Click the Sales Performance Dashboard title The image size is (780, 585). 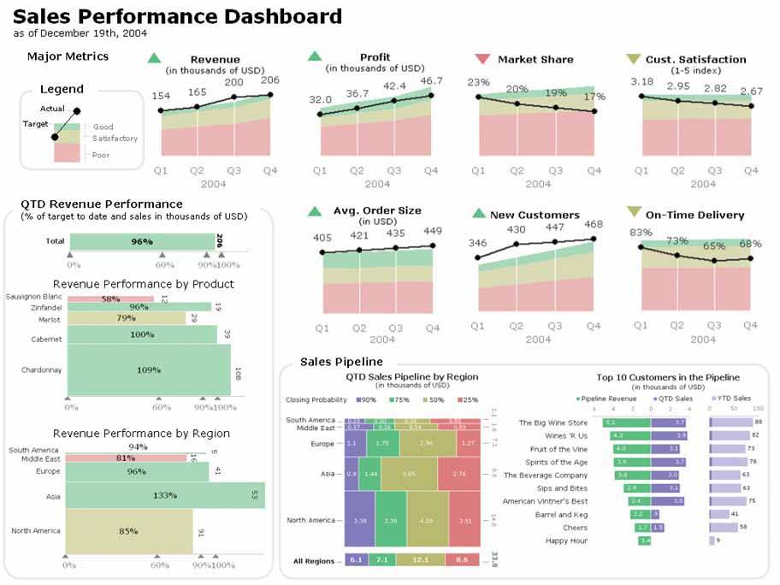[x=178, y=16]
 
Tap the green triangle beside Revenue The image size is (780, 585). [x=154, y=58]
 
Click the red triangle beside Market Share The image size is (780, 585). [x=482, y=59]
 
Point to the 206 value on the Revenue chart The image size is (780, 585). [x=270, y=80]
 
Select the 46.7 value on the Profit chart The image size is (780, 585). [x=431, y=81]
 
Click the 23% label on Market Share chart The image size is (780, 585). [x=479, y=82]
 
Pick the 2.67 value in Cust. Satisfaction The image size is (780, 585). [x=752, y=91]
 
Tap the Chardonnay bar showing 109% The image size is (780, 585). [x=149, y=370]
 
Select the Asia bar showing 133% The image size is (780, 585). [x=165, y=495]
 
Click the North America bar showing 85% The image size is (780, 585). [x=128, y=530]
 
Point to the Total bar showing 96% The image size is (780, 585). [x=141, y=241]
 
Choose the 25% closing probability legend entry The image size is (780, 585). [x=468, y=399]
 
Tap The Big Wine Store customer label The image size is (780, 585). [x=553, y=422]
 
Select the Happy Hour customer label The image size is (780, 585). [x=566, y=541]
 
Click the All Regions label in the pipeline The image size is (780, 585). [x=313, y=560]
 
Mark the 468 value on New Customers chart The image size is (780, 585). [x=593, y=224]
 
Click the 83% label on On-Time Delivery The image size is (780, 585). [x=641, y=233]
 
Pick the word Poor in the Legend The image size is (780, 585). [x=101, y=155]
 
